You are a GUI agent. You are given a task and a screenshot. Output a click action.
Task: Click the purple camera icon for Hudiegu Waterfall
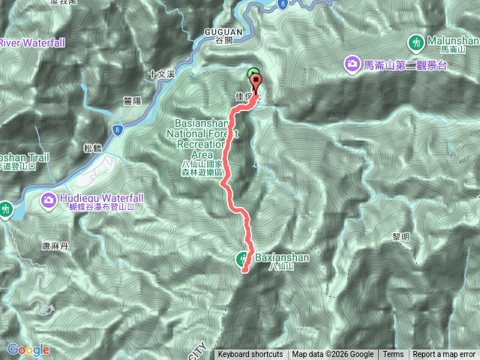click(49, 199)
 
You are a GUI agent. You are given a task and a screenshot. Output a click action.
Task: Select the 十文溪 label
click(160, 74)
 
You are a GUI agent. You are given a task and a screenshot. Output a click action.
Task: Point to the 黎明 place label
click(401, 236)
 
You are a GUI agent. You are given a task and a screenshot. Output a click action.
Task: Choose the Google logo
click(28, 349)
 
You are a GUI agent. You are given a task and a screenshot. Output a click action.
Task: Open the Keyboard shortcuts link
click(250, 355)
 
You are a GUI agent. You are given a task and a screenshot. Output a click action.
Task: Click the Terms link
click(393, 355)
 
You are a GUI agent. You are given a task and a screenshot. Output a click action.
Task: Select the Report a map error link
click(444, 355)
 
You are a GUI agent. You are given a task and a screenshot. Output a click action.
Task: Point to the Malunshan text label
click(449, 39)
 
